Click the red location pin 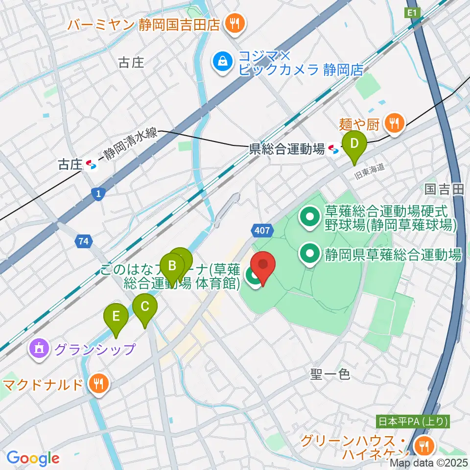263,267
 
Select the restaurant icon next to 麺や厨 395,122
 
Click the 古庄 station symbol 91,165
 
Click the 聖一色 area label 330,375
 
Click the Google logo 33,458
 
